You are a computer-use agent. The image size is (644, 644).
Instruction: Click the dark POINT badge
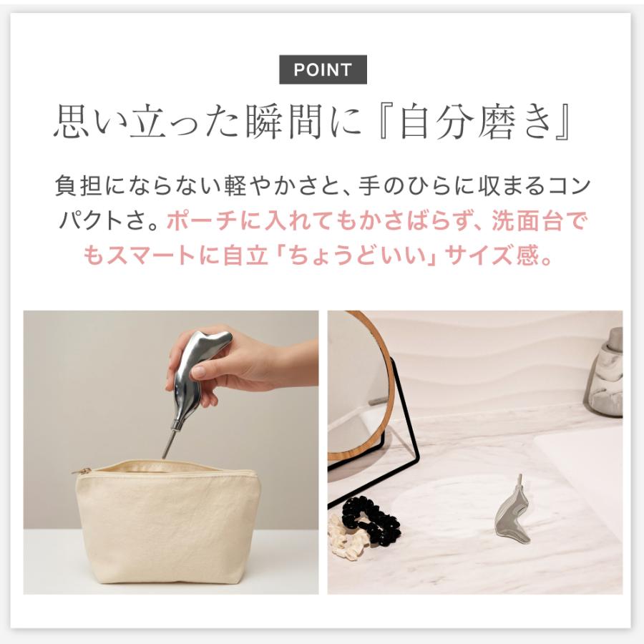coord(323,70)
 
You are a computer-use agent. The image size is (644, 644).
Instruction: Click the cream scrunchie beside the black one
coord(346,538)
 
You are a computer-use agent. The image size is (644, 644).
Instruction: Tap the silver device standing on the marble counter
coord(514,512)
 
